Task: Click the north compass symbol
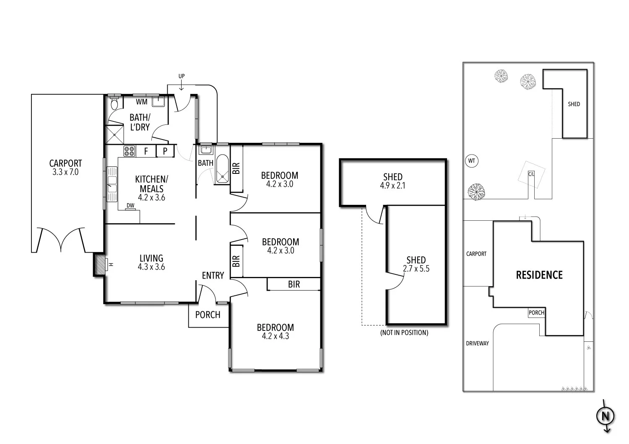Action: pyautogui.click(x=605, y=416)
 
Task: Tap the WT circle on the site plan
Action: pyautogui.click(x=472, y=161)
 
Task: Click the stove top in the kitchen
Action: pyautogui.click(x=130, y=151)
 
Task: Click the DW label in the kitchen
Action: pyautogui.click(x=130, y=206)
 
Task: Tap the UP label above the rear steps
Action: pyautogui.click(x=182, y=76)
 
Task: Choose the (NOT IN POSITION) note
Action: pyautogui.click(x=404, y=333)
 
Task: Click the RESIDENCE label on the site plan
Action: pyautogui.click(x=539, y=275)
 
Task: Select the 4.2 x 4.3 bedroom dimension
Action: pyautogui.click(x=276, y=336)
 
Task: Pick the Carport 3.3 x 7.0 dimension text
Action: pyautogui.click(x=65, y=172)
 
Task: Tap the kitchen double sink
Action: pyautogui.click(x=112, y=184)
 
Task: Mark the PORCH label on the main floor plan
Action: pyautogui.click(x=208, y=315)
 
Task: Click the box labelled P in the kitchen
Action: pyautogui.click(x=165, y=151)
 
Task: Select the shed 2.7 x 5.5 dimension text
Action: pyautogui.click(x=416, y=269)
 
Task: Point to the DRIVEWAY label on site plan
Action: pyautogui.click(x=477, y=343)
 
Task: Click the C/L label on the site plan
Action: pyautogui.click(x=531, y=174)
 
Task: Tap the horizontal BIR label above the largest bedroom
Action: pyautogui.click(x=294, y=284)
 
